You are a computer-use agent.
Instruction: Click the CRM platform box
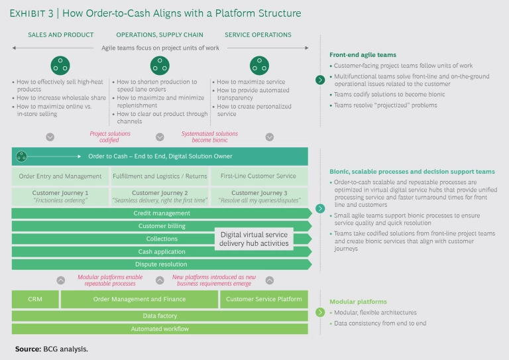34,299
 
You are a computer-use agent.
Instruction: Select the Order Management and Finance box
139,299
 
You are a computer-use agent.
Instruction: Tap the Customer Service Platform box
264,299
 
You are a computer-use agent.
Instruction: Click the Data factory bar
160,316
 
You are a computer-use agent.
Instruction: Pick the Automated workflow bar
160,329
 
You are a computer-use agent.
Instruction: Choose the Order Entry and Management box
60,176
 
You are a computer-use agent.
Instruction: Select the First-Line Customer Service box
259,176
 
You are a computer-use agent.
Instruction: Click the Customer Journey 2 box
160,196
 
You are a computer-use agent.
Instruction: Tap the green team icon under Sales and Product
60,65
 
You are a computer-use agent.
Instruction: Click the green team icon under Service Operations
259,65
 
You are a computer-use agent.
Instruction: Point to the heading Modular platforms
358,301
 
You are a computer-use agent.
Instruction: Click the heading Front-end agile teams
364,54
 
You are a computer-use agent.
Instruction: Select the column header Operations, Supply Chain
160,34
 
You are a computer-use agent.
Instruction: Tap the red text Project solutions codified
110,137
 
